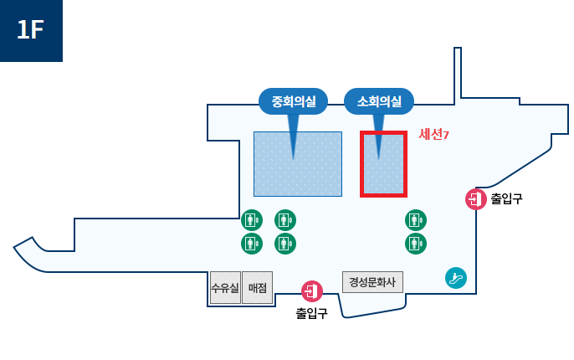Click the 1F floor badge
(31, 30)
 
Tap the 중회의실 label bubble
(293, 102)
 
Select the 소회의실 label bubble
(379, 102)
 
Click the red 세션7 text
(433, 134)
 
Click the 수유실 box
(225, 288)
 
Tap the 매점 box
(257, 288)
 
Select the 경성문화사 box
(372, 282)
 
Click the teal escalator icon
(456, 278)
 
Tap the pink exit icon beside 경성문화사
(312, 291)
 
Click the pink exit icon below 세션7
(476, 199)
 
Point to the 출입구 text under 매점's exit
(311, 314)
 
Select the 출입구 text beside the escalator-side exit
(506, 199)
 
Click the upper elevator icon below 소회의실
(416, 220)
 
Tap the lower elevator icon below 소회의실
(416, 244)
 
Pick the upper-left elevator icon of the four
(252, 220)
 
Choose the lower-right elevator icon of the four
(285, 244)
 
